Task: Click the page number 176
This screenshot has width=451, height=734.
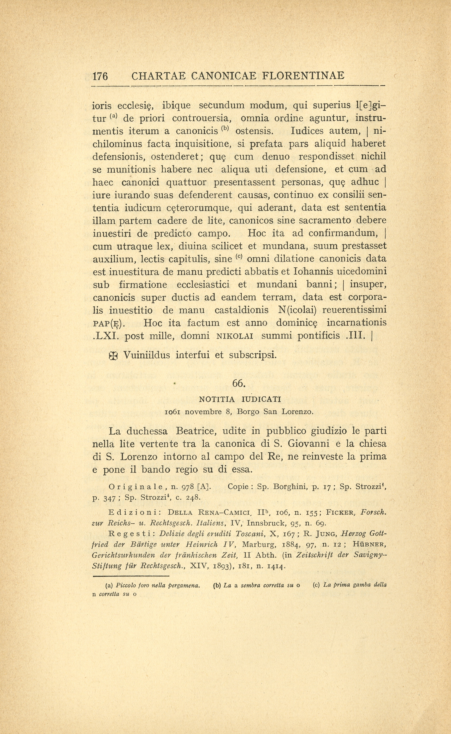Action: click(x=100, y=76)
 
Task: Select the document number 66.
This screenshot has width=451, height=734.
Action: click(x=239, y=384)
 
